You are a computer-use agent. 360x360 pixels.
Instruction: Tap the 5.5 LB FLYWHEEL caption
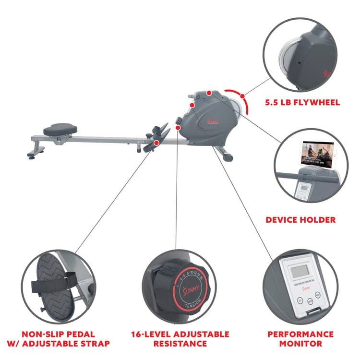click(x=302, y=102)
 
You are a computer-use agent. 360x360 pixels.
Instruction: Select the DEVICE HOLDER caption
click(x=300, y=220)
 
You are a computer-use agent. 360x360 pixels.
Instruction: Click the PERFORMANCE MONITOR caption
click(x=300, y=338)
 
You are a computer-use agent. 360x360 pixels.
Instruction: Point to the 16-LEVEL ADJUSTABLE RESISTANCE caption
click(x=180, y=338)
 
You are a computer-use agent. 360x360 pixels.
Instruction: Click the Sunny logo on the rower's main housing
click(x=212, y=122)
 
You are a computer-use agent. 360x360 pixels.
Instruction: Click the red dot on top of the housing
click(x=209, y=92)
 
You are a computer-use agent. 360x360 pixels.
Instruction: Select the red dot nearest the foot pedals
click(x=178, y=128)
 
